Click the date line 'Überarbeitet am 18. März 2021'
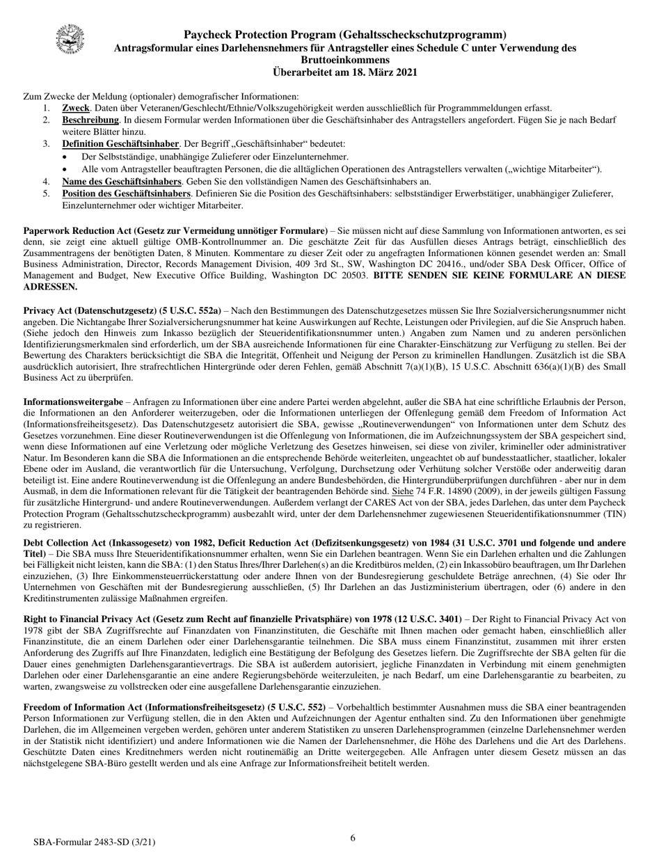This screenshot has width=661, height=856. click(345, 72)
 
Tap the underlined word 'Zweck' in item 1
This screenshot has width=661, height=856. click(76, 108)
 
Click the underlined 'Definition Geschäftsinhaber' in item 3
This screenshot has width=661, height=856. click(121, 144)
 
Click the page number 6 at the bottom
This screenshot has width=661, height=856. click(353, 838)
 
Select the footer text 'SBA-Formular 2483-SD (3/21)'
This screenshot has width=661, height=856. click(95, 842)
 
